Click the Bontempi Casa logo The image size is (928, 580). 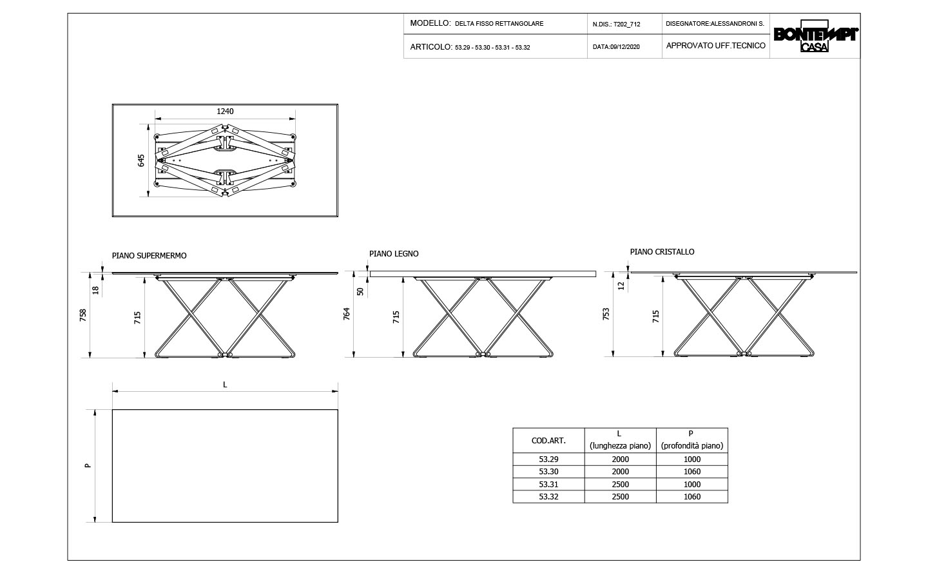pos(816,36)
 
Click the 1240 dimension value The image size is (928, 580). pos(225,111)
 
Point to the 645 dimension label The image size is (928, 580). pos(141,160)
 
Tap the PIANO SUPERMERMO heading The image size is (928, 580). pos(149,256)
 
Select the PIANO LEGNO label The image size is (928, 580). pos(394,253)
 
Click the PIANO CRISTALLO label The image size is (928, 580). pos(662,251)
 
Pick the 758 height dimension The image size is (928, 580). pos(83,315)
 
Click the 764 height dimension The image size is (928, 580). pos(347,314)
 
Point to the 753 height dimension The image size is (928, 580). pos(606,314)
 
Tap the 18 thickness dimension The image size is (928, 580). pos(95,291)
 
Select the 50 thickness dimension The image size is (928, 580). pos(360,291)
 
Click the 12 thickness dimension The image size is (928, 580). pos(621,285)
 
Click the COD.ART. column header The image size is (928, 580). pos(548,440)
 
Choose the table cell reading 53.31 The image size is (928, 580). pos(548,484)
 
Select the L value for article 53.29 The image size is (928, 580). pos(620,459)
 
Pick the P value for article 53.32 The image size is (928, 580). pos(692,496)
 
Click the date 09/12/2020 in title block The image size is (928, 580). pos(624,47)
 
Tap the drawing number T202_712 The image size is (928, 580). pos(627,24)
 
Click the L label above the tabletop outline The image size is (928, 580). pos(225,385)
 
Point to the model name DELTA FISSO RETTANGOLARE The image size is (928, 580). pos(499,24)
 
